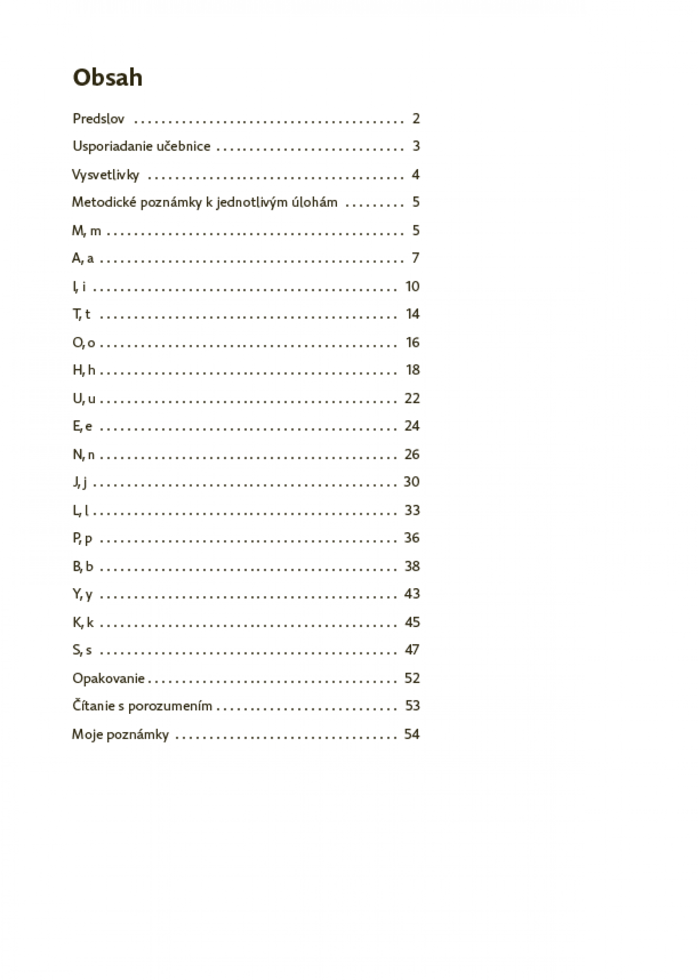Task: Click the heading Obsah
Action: pyautogui.click(x=107, y=78)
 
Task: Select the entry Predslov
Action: pyautogui.click(x=98, y=119)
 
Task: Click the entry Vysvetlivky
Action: pyautogui.click(x=105, y=175)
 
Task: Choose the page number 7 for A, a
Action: pyautogui.click(x=415, y=258)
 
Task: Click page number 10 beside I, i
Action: pyautogui.click(x=412, y=287)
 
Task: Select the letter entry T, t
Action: pyautogui.click(x=81, y=314)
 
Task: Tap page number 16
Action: pyautogui.click(x=412, y=342)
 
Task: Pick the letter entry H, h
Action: pyautogui.click(x=83, y=370)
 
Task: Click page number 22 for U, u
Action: pyautogui.click(x=412, y=398)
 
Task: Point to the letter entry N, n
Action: pyautogui.click(x=83, y=454)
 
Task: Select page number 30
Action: pyautogui.click(x=411, y=482)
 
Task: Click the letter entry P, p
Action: pyautogui.click(x=82, y=538)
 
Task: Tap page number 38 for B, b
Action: pyautogui.click(x=412, y=566)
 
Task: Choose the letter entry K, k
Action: pyautogui.click(x=83, y=622)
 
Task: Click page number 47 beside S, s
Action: pyautogui.click(x=412, y=650)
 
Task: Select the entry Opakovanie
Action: pyautogui.click(x=108, y=678)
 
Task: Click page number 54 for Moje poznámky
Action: pyautogui.click(x=412, y=734)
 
